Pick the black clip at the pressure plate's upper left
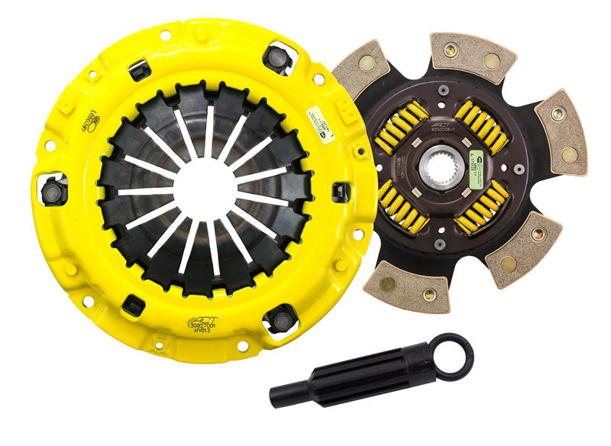(140, 69)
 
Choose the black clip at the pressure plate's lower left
(134, 306)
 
